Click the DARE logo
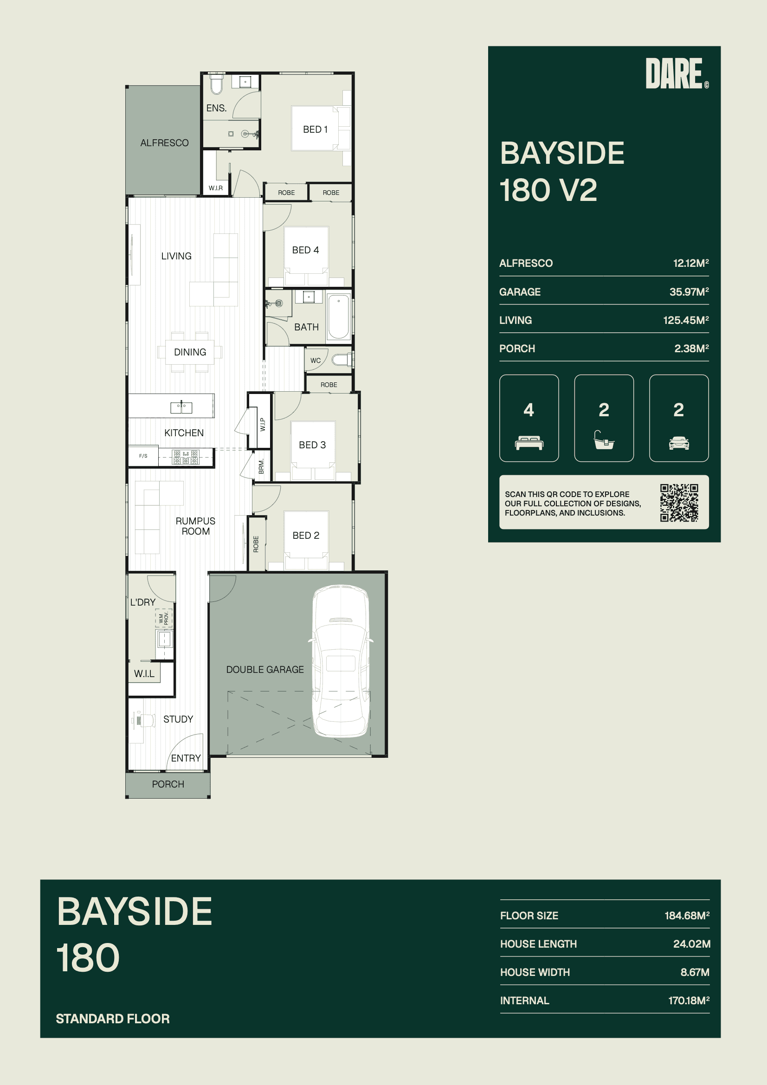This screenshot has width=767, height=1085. pos(677,73)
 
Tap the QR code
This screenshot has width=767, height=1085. pos(679,503)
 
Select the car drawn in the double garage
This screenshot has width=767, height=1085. pos(341,661)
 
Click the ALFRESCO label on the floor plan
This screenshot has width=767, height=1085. pos(164,143)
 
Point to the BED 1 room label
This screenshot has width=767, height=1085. pos(315,129)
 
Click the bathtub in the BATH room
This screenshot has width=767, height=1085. pos(339,316)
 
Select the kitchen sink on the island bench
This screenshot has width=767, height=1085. pos(181,407)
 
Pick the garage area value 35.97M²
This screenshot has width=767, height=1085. pos(689,291)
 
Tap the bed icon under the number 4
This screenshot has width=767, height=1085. pos(529,443)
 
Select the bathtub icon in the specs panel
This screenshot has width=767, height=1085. pos(604,440)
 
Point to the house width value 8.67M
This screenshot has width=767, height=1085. pos(695,972)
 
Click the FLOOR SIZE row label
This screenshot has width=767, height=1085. pos(529,915)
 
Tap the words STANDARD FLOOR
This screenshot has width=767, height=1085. pos(113,1018)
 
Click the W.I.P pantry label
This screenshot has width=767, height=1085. pos(263,424)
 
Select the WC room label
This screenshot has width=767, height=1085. pos(316,361)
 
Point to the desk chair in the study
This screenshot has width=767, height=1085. pos(148,720)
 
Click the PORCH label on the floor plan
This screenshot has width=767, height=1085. pos(168,784)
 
